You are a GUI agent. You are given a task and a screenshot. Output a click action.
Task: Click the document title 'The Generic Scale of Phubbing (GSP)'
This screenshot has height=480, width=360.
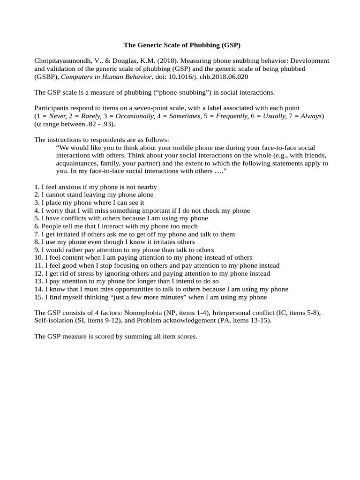(181, 45)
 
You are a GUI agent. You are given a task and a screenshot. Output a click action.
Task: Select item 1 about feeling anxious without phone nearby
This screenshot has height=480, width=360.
(96, 187)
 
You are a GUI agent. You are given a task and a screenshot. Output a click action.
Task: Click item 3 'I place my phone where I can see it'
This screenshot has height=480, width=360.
(89, 202)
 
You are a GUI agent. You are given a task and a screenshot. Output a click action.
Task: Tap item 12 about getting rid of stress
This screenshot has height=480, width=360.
(152, 273)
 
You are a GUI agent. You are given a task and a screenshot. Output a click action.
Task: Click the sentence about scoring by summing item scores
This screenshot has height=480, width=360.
(116, 337)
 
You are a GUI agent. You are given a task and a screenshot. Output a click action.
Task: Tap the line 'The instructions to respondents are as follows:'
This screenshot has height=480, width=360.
(102, 140)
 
